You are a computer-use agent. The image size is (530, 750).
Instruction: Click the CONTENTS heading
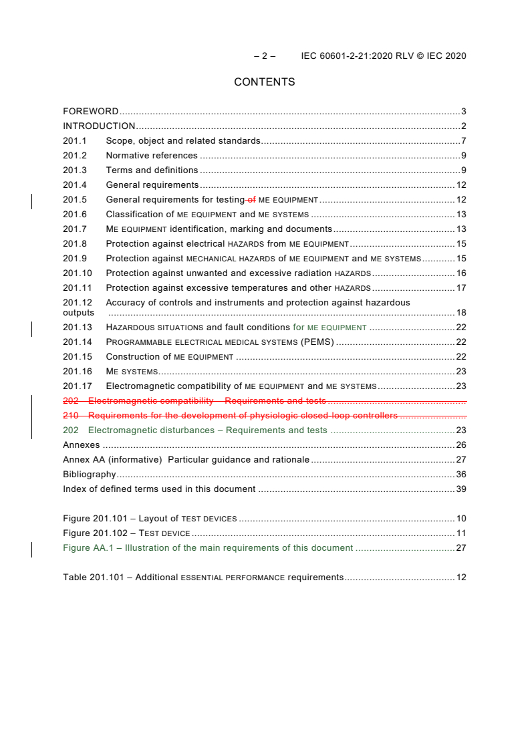(x=264, y=82)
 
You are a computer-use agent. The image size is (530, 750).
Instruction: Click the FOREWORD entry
(x=90, y=112)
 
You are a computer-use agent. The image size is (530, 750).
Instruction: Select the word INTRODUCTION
(x=99, y=126)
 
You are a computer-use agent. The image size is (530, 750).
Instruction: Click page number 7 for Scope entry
(x=463, y=141)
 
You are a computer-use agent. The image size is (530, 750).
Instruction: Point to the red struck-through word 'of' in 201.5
(x=251, y=200)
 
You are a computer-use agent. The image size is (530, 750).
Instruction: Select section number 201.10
(x=78, y=273)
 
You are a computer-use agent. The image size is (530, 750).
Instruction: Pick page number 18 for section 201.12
(x=460, y=313)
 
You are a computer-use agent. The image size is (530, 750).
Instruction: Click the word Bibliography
(x=89, y=475)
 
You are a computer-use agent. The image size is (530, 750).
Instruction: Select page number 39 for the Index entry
(x=460, y=489)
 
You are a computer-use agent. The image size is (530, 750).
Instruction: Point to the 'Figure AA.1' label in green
(x=90, y=548)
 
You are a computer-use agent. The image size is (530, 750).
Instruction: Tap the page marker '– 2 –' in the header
(x=265, y=56)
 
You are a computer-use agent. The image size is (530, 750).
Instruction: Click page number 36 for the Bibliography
(x=460, y=475)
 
